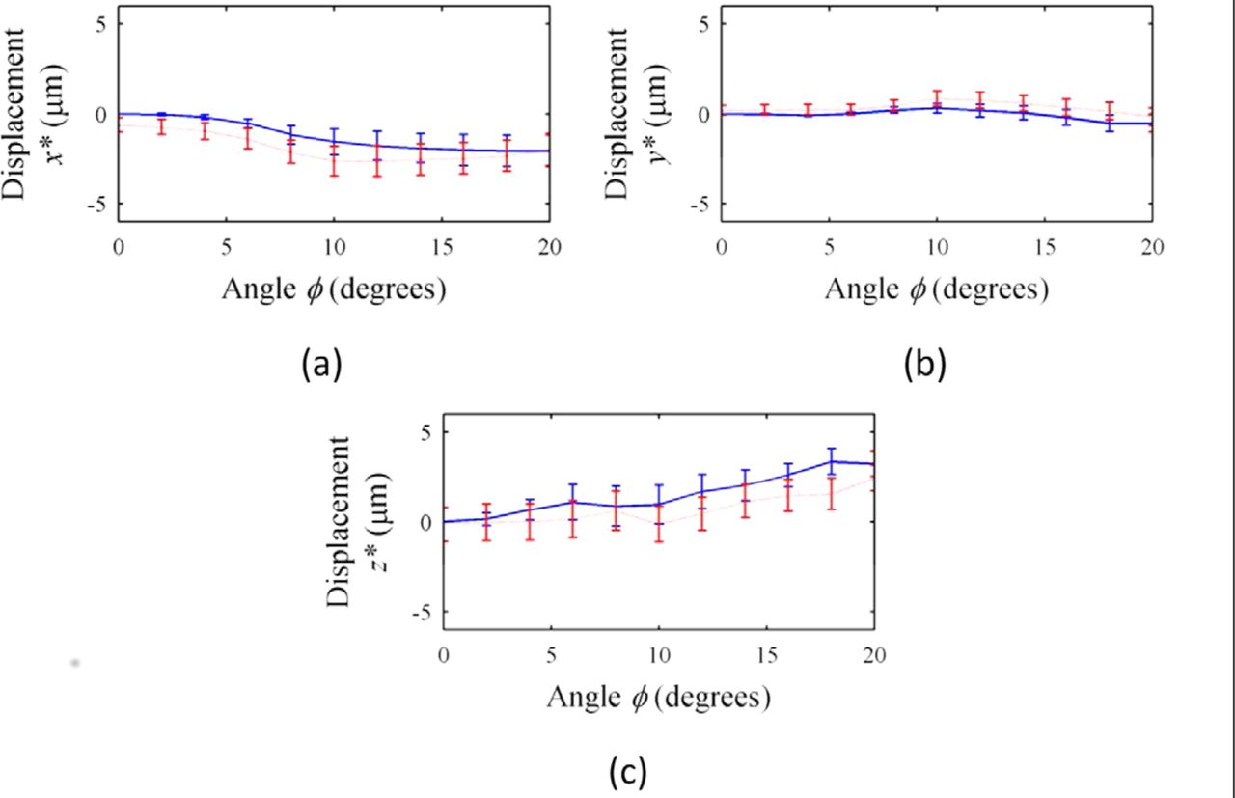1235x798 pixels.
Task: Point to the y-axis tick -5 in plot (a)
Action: [x=99, y=205]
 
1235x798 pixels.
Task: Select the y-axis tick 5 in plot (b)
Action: [x=705, y=23]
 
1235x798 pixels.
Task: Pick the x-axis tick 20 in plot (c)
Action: [x=873, y=653]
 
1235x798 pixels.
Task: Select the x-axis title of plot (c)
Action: [x=658, y=696]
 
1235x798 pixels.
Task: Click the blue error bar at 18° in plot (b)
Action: [x=1110, y=123]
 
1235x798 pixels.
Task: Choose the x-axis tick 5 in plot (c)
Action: [x=551, y=653]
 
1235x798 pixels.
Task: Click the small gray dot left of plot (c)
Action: [x=74, y=663]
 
